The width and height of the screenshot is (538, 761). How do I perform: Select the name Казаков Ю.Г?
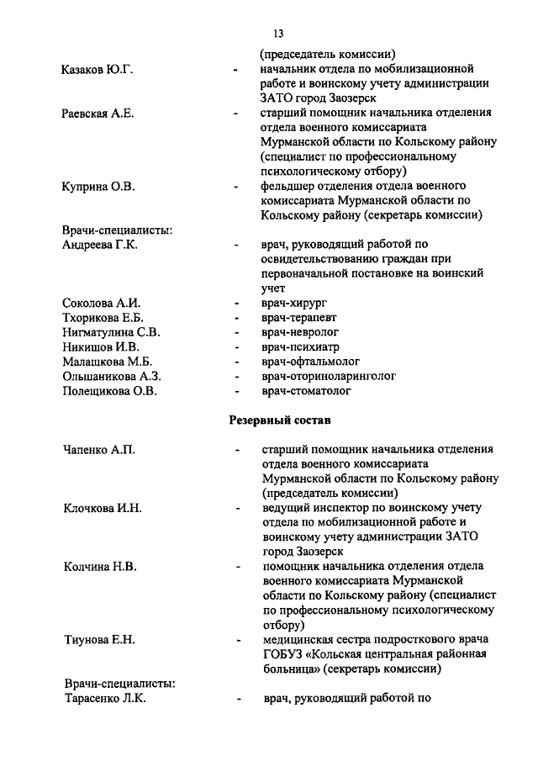tap(98, 68)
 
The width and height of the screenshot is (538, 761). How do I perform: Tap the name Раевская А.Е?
tap(98, 114)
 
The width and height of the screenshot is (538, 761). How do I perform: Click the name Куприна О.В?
tap(98, 185)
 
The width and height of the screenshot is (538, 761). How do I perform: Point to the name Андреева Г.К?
tap(100, 245)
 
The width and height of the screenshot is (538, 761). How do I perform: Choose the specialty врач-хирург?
tap(293, 303)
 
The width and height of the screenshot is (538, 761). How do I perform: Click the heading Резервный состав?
tap(280, 420)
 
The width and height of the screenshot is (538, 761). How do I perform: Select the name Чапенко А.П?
tap(98, 450)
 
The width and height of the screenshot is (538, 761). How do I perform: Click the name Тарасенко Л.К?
tap(105, 698)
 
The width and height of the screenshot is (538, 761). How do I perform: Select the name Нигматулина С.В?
tap(106, 332)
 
